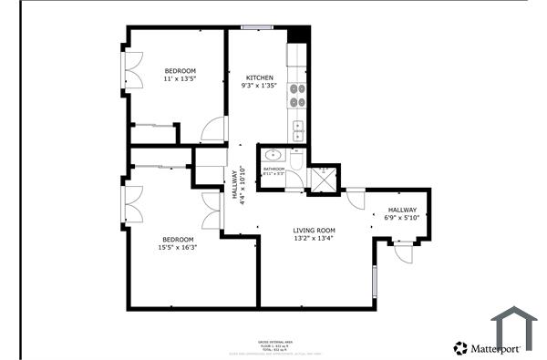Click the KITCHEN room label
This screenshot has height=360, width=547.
[x=258, y=77]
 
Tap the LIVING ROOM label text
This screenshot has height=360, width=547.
[x=314, y=230]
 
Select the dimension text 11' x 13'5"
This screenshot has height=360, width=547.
[x=180, y=79]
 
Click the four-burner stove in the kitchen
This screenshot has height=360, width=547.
[x=298, y=93]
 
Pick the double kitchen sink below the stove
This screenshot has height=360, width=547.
[x=298, y=127]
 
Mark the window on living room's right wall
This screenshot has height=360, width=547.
[x=374, y=283]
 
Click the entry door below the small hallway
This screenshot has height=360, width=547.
[x=403, y=252]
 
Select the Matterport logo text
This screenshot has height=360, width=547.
[x=494, y=348]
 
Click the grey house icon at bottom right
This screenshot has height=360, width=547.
[x=514, y=329]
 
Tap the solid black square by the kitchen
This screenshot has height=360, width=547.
[x=298, y=34]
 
